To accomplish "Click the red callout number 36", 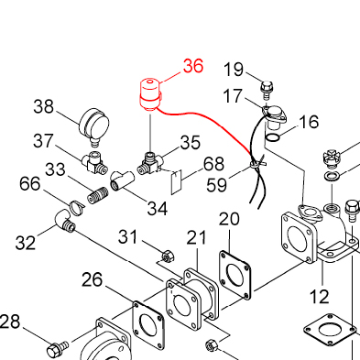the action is click(x=193, y=66).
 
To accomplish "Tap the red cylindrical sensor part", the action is click(x=150, y=94).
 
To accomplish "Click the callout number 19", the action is click(x=234, y=70).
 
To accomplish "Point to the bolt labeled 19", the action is click(x=267, y=90).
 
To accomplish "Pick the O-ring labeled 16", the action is click(x=272, y=138).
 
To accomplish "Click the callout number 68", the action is click(x=214, y=164).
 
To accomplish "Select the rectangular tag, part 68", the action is click(x=176, y=182).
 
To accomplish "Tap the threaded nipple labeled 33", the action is click(x=98, y=195).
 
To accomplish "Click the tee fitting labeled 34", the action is click(x=123, y=180).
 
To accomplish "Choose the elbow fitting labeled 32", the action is click(x=65, y=222).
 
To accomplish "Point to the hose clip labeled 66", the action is click(x=76, y=207).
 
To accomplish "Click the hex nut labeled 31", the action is click(x=168, y=256).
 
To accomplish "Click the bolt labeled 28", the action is click(x=58, y=350).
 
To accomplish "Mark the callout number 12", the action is click(x=320, y=296).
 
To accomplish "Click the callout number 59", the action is click(x=217, y=185).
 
